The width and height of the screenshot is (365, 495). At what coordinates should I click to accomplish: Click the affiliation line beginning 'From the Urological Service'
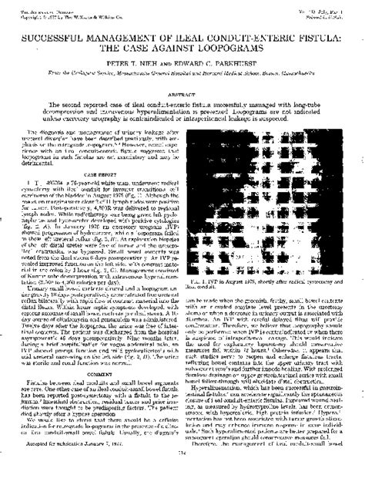(182, 71)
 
